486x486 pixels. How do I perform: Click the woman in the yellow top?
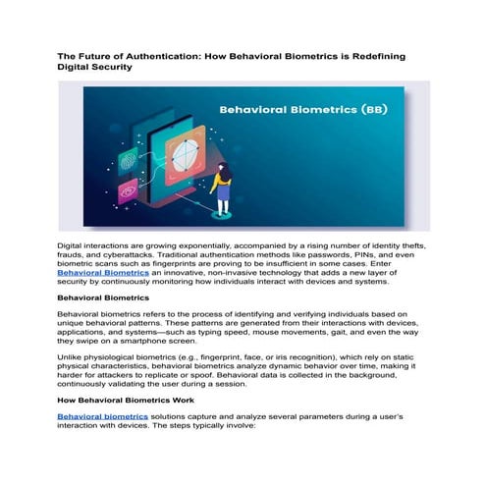tap(223, 187)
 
